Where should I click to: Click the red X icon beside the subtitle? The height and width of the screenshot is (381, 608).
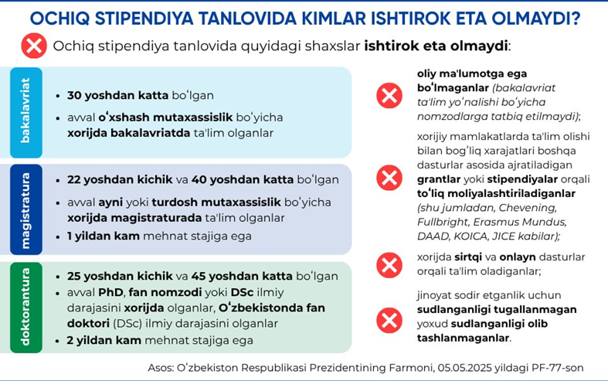tap(34, 46)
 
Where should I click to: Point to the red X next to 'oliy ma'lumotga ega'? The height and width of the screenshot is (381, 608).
tap(389, 96)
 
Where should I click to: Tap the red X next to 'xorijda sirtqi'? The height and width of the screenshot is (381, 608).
tap(389, 264)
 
